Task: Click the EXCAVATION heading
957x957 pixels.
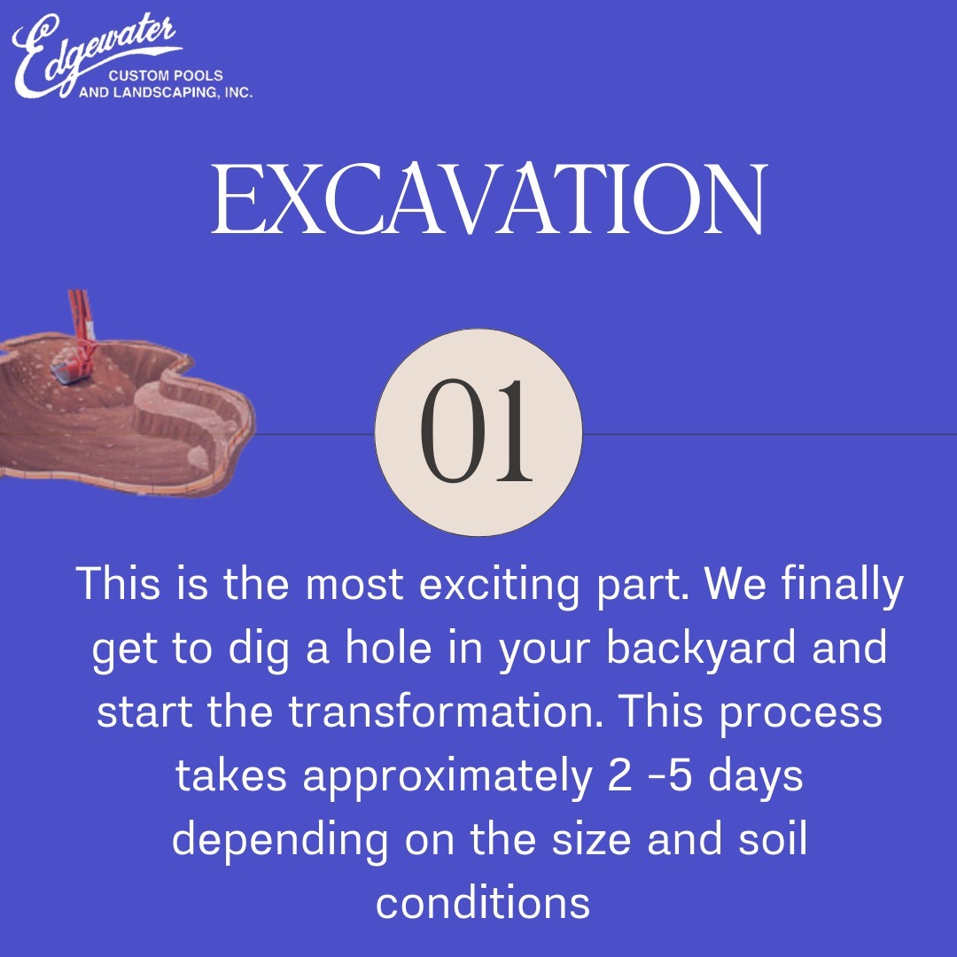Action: [487, 200]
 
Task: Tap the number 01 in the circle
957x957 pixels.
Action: [478, 432]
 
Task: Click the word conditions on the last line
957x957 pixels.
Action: [482, 902]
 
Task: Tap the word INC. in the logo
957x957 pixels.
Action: [237, 93]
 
